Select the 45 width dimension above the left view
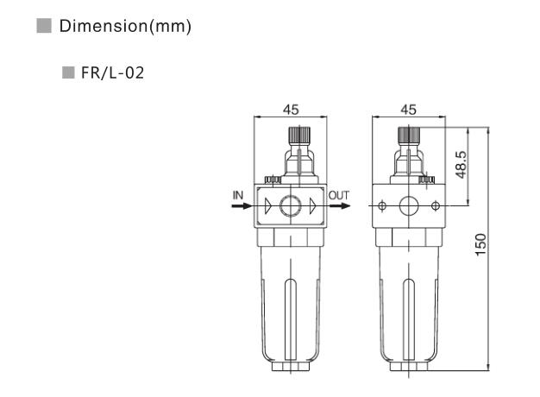click(x=291, y=110)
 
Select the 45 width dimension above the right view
click(x=409, y=110)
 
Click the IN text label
click(x=238, y=195)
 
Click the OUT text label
click(x=340, y=195)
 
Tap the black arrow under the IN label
click(x=242, y=206)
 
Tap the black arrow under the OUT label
click(x=340, y=206)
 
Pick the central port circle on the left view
click(x=291, y=206)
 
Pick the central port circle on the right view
click(x=409, y=206)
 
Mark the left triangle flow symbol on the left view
click(x=268, y=206)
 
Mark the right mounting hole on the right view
click(x=436, y=206)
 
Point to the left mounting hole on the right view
click(x=382, y=206)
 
